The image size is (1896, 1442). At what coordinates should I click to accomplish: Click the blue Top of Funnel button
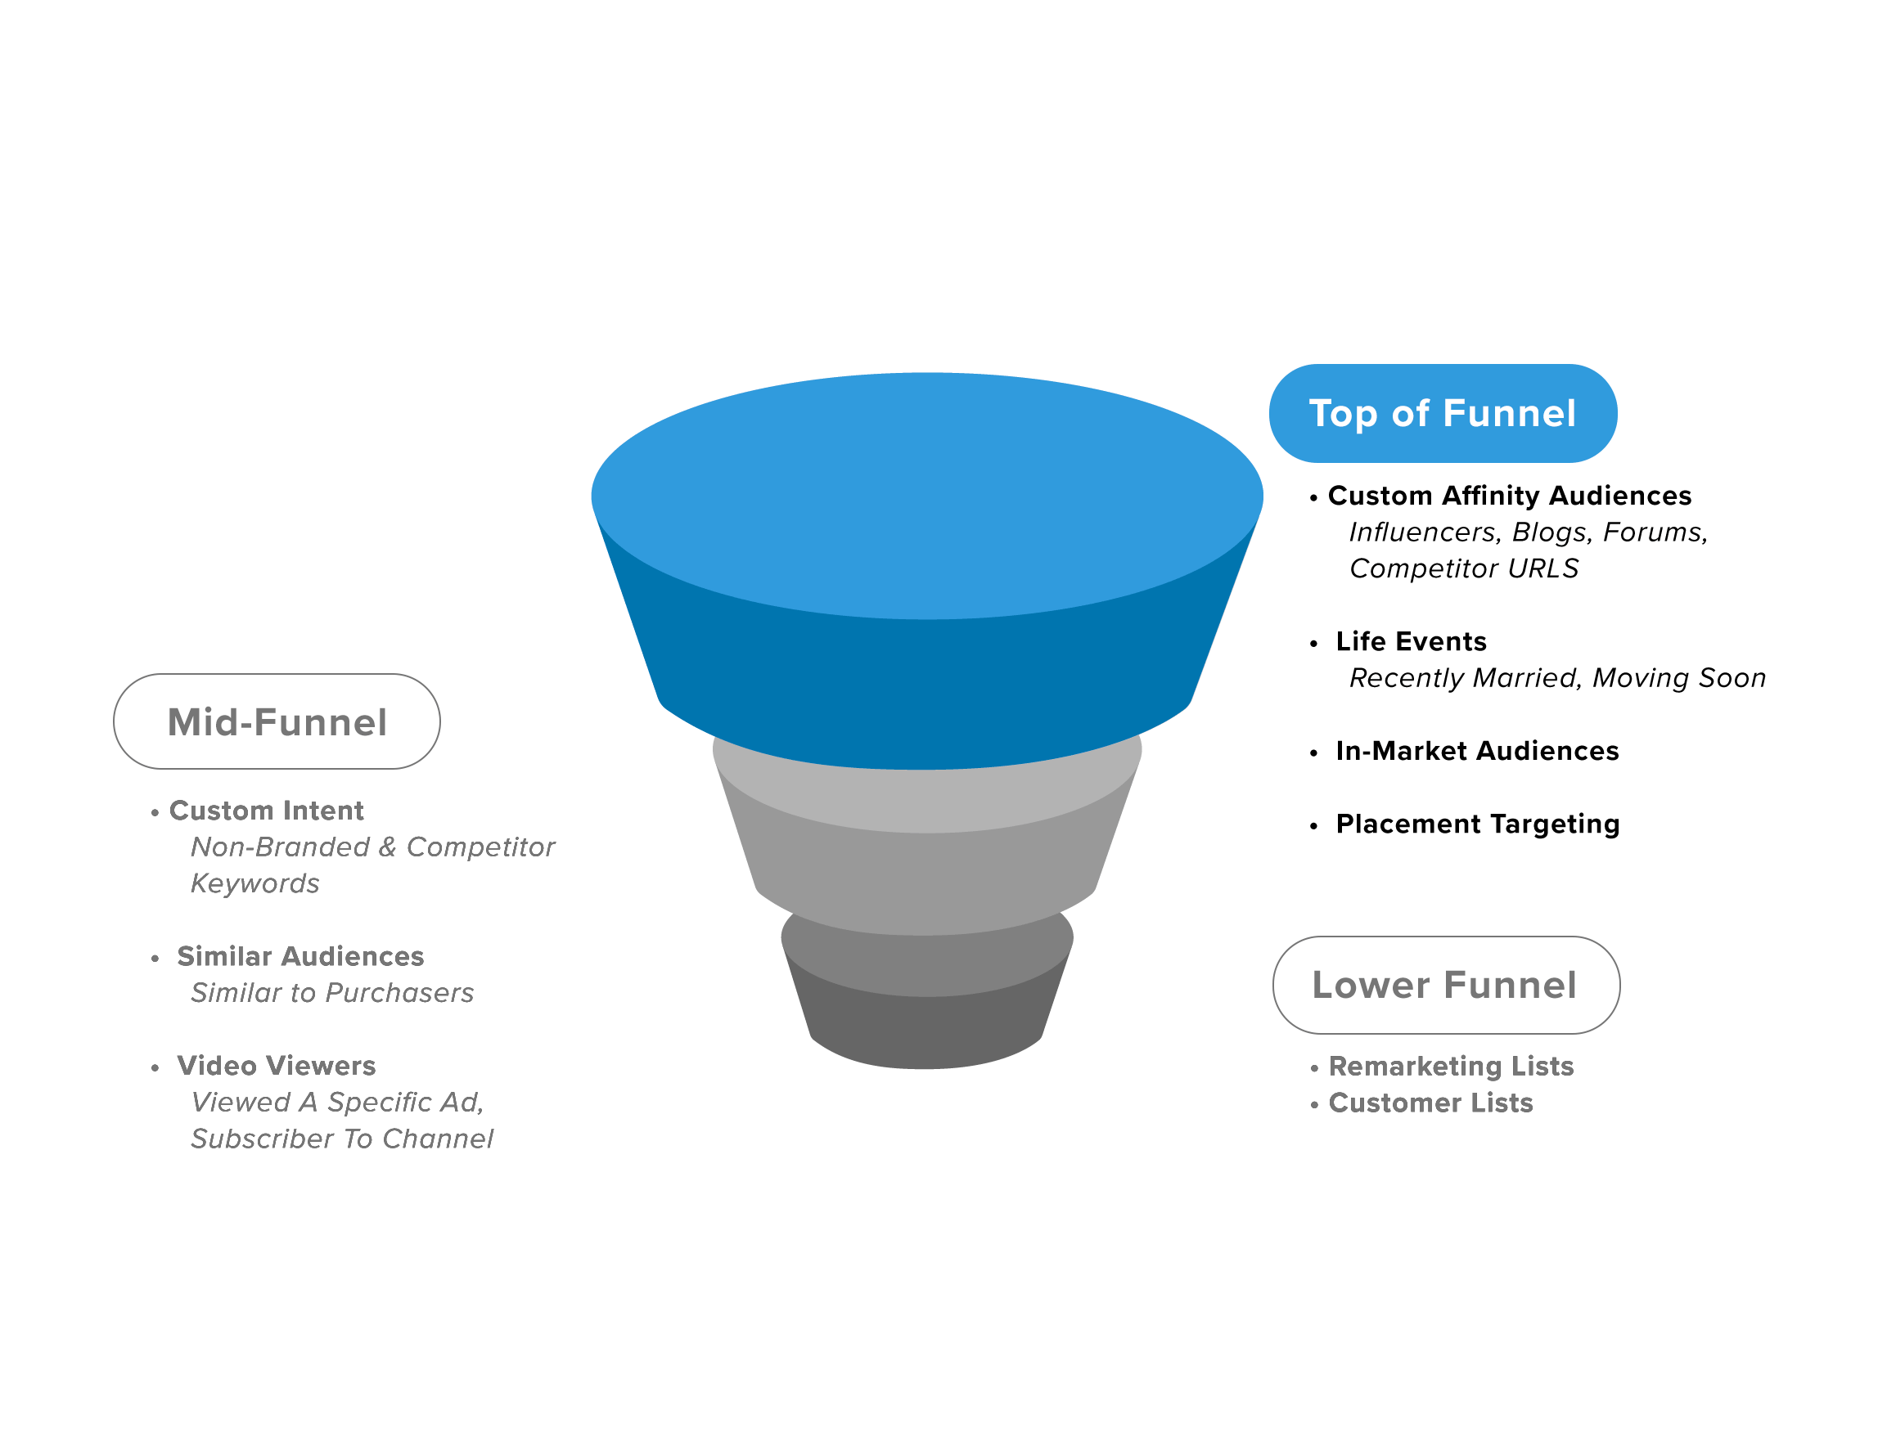[x=1442, y=413]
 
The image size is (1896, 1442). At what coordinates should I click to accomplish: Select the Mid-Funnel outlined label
[x=277, y=721]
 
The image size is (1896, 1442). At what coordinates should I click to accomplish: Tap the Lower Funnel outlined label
[x=1445, y=985]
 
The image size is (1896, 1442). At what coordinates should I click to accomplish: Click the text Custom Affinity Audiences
[x=1509, y=496]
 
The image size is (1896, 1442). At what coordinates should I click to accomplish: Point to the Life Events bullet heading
[x=1410, y=641]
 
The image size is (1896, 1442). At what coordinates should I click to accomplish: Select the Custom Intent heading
[x=266, y=811]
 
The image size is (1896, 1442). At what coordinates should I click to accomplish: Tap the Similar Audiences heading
[x=299, y=956]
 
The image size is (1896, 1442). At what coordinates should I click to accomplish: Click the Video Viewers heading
[x=276, y=1065]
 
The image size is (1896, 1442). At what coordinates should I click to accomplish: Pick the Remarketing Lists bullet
[x=1450, y=1066]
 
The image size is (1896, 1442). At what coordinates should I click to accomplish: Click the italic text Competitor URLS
[x=1463, y=568]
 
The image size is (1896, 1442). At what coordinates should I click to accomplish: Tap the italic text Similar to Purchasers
[x=331, y=993]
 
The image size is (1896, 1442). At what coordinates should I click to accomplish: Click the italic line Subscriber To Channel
[x=342, y=1139]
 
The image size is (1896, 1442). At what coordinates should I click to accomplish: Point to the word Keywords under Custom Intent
[x=254, y=883]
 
